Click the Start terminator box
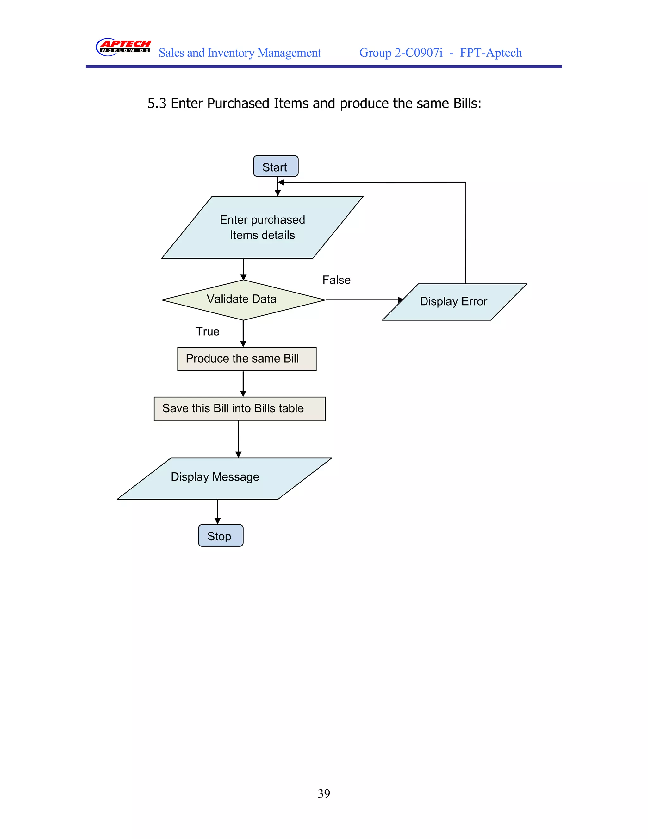tap(276, 166)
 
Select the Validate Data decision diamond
tap(243, 300)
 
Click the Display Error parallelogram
tap(454, 301)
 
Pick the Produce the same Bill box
tap(246, 358)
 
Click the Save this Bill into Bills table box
tap(239, 409)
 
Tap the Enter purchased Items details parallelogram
tap(262, 227)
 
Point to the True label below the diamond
tap(207, 331)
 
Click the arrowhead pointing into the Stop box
tap(218, 521)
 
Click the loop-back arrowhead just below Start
tap(281, 182)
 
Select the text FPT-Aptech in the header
tap(491, 53)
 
